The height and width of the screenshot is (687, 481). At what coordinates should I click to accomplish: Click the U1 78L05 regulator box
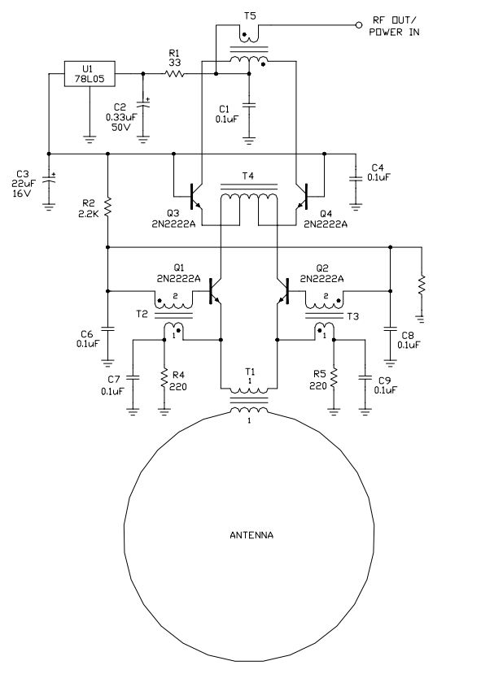tap(90, 74)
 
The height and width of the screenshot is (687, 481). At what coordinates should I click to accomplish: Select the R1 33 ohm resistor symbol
tap(174, 74)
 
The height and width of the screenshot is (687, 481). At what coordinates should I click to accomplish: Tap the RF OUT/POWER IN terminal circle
tap(359, 25)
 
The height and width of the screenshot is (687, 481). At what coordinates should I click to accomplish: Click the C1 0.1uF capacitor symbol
tap(249, 106)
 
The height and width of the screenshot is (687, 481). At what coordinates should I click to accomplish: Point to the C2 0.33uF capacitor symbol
tap(143, 105)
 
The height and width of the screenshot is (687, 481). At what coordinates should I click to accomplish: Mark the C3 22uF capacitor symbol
tap(49, 178)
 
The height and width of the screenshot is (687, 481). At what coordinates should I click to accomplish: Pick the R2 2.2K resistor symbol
tap(107, 207)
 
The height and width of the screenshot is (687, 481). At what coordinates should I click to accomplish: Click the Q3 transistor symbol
tap(195, 197)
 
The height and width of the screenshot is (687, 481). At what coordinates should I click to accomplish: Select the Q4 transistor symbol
tap(303, 197)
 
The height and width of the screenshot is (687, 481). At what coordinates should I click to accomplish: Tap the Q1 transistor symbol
tap(215, 291)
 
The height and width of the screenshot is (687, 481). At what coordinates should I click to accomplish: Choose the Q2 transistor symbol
tap(284, 291)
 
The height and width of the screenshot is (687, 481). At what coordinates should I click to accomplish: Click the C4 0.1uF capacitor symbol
tap(356, 178)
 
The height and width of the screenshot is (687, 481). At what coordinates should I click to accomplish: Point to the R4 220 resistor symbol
tap(164, 380)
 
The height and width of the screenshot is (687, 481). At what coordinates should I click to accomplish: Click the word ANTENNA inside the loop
tap(251, 535)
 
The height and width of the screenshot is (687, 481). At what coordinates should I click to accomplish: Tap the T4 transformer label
tap(247, 176)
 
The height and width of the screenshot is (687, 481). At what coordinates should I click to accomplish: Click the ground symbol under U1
tap(90, 139)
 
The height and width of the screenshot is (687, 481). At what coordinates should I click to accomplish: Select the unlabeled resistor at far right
tap(422, 285)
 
